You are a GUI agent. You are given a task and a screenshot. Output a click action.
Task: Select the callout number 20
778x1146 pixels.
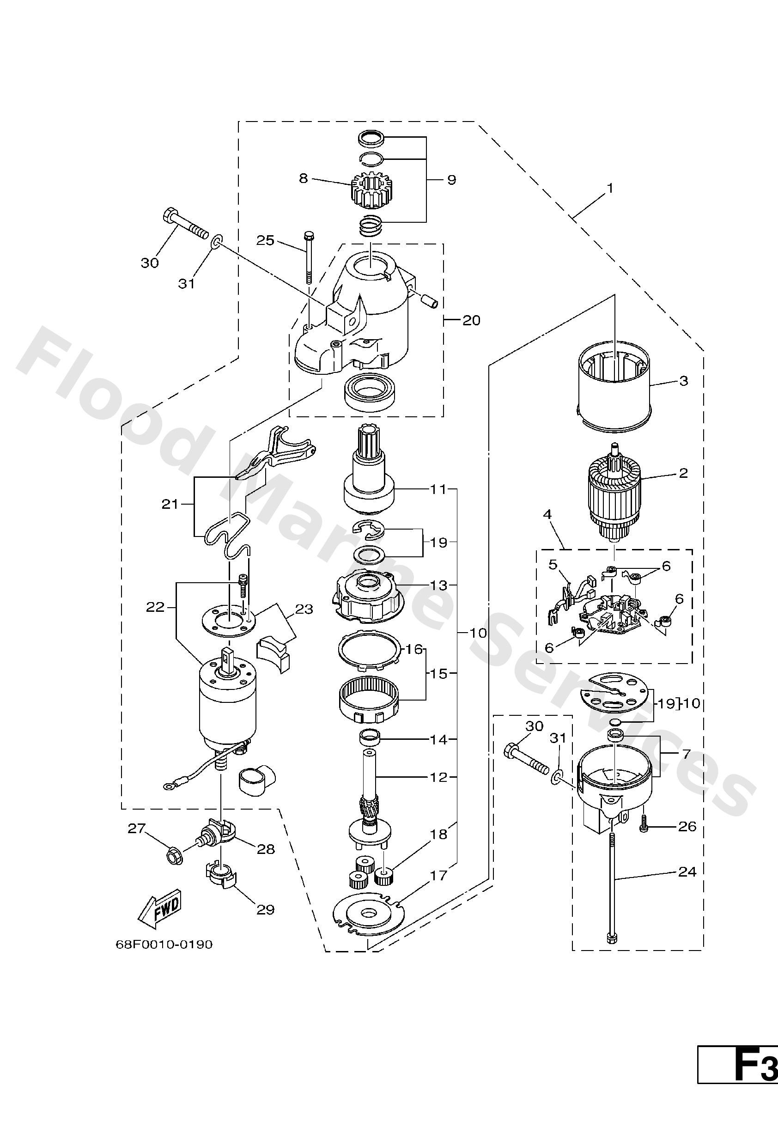(471, 321)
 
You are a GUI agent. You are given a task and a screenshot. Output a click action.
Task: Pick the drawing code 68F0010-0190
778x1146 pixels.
(164, 945)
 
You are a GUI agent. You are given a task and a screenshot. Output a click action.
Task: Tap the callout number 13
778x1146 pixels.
(438, 585)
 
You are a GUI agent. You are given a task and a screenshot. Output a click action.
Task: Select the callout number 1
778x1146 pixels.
(610, 189)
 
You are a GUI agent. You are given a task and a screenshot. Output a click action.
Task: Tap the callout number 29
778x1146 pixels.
(265, 909)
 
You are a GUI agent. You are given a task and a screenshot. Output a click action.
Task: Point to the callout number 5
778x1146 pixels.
(553, 564)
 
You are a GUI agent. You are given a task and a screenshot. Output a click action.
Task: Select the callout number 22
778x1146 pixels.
(155, 607)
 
